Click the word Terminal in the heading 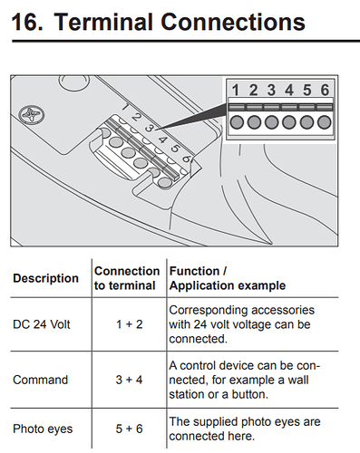104,22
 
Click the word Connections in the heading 233,22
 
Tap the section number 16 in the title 27,22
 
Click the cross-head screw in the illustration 32,115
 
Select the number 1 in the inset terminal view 235,90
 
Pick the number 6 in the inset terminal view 325,90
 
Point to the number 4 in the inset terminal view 289,90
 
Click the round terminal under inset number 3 271,122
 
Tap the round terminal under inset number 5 306,122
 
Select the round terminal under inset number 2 254,122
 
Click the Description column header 45,278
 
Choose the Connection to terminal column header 127,278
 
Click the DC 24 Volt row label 42,324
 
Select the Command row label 40,380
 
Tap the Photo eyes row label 43,429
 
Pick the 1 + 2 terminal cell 130,324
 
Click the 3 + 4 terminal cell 129,380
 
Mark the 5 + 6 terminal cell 129,429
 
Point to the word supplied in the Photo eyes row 216,422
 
